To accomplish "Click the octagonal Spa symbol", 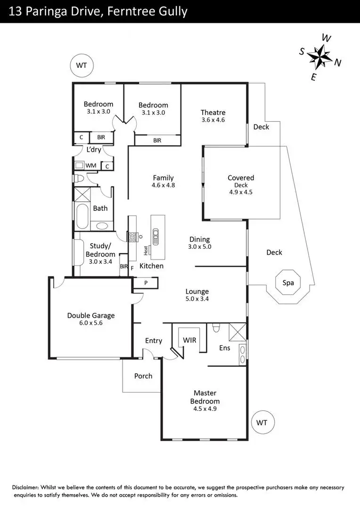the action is click(x=288, y=282).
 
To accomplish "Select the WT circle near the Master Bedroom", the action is click(x=262, y=423).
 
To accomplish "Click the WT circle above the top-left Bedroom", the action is click(x=82, y=66).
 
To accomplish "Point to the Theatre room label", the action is click(x=213, y=112).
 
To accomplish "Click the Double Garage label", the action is click(x=91, y=316).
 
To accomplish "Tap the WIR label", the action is click(x=189, y=339).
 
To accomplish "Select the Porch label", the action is click(x=143, y=376).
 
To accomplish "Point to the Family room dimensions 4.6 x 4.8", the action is click(x=164, y=185).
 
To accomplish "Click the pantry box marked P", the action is click(x=146, y=283).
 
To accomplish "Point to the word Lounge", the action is click(x=197, y=291).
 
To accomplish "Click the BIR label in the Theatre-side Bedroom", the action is click(x=157, y=140).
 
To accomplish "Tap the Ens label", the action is click(x=225, y=348).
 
